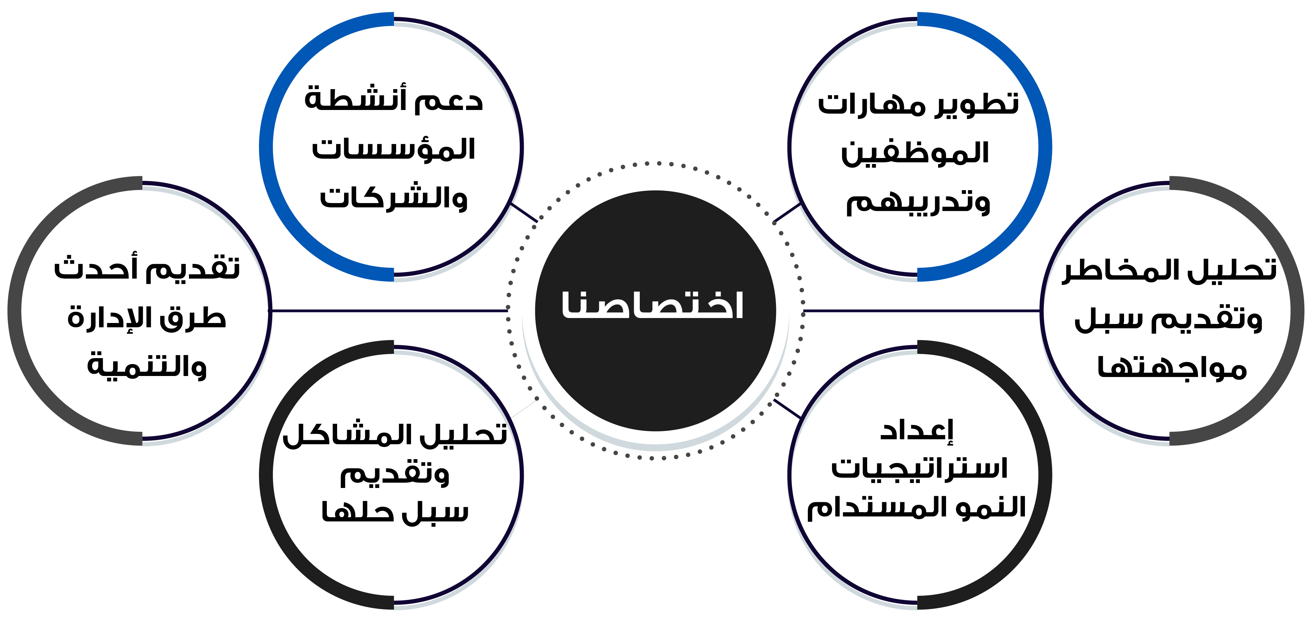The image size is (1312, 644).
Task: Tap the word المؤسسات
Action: click(x=393, y=149)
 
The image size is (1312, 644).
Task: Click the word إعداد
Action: click(x=917, y=431)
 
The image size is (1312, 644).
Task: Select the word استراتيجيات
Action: click(x=919, y=468)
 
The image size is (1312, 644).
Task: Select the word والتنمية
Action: click(x=147, y=365)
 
